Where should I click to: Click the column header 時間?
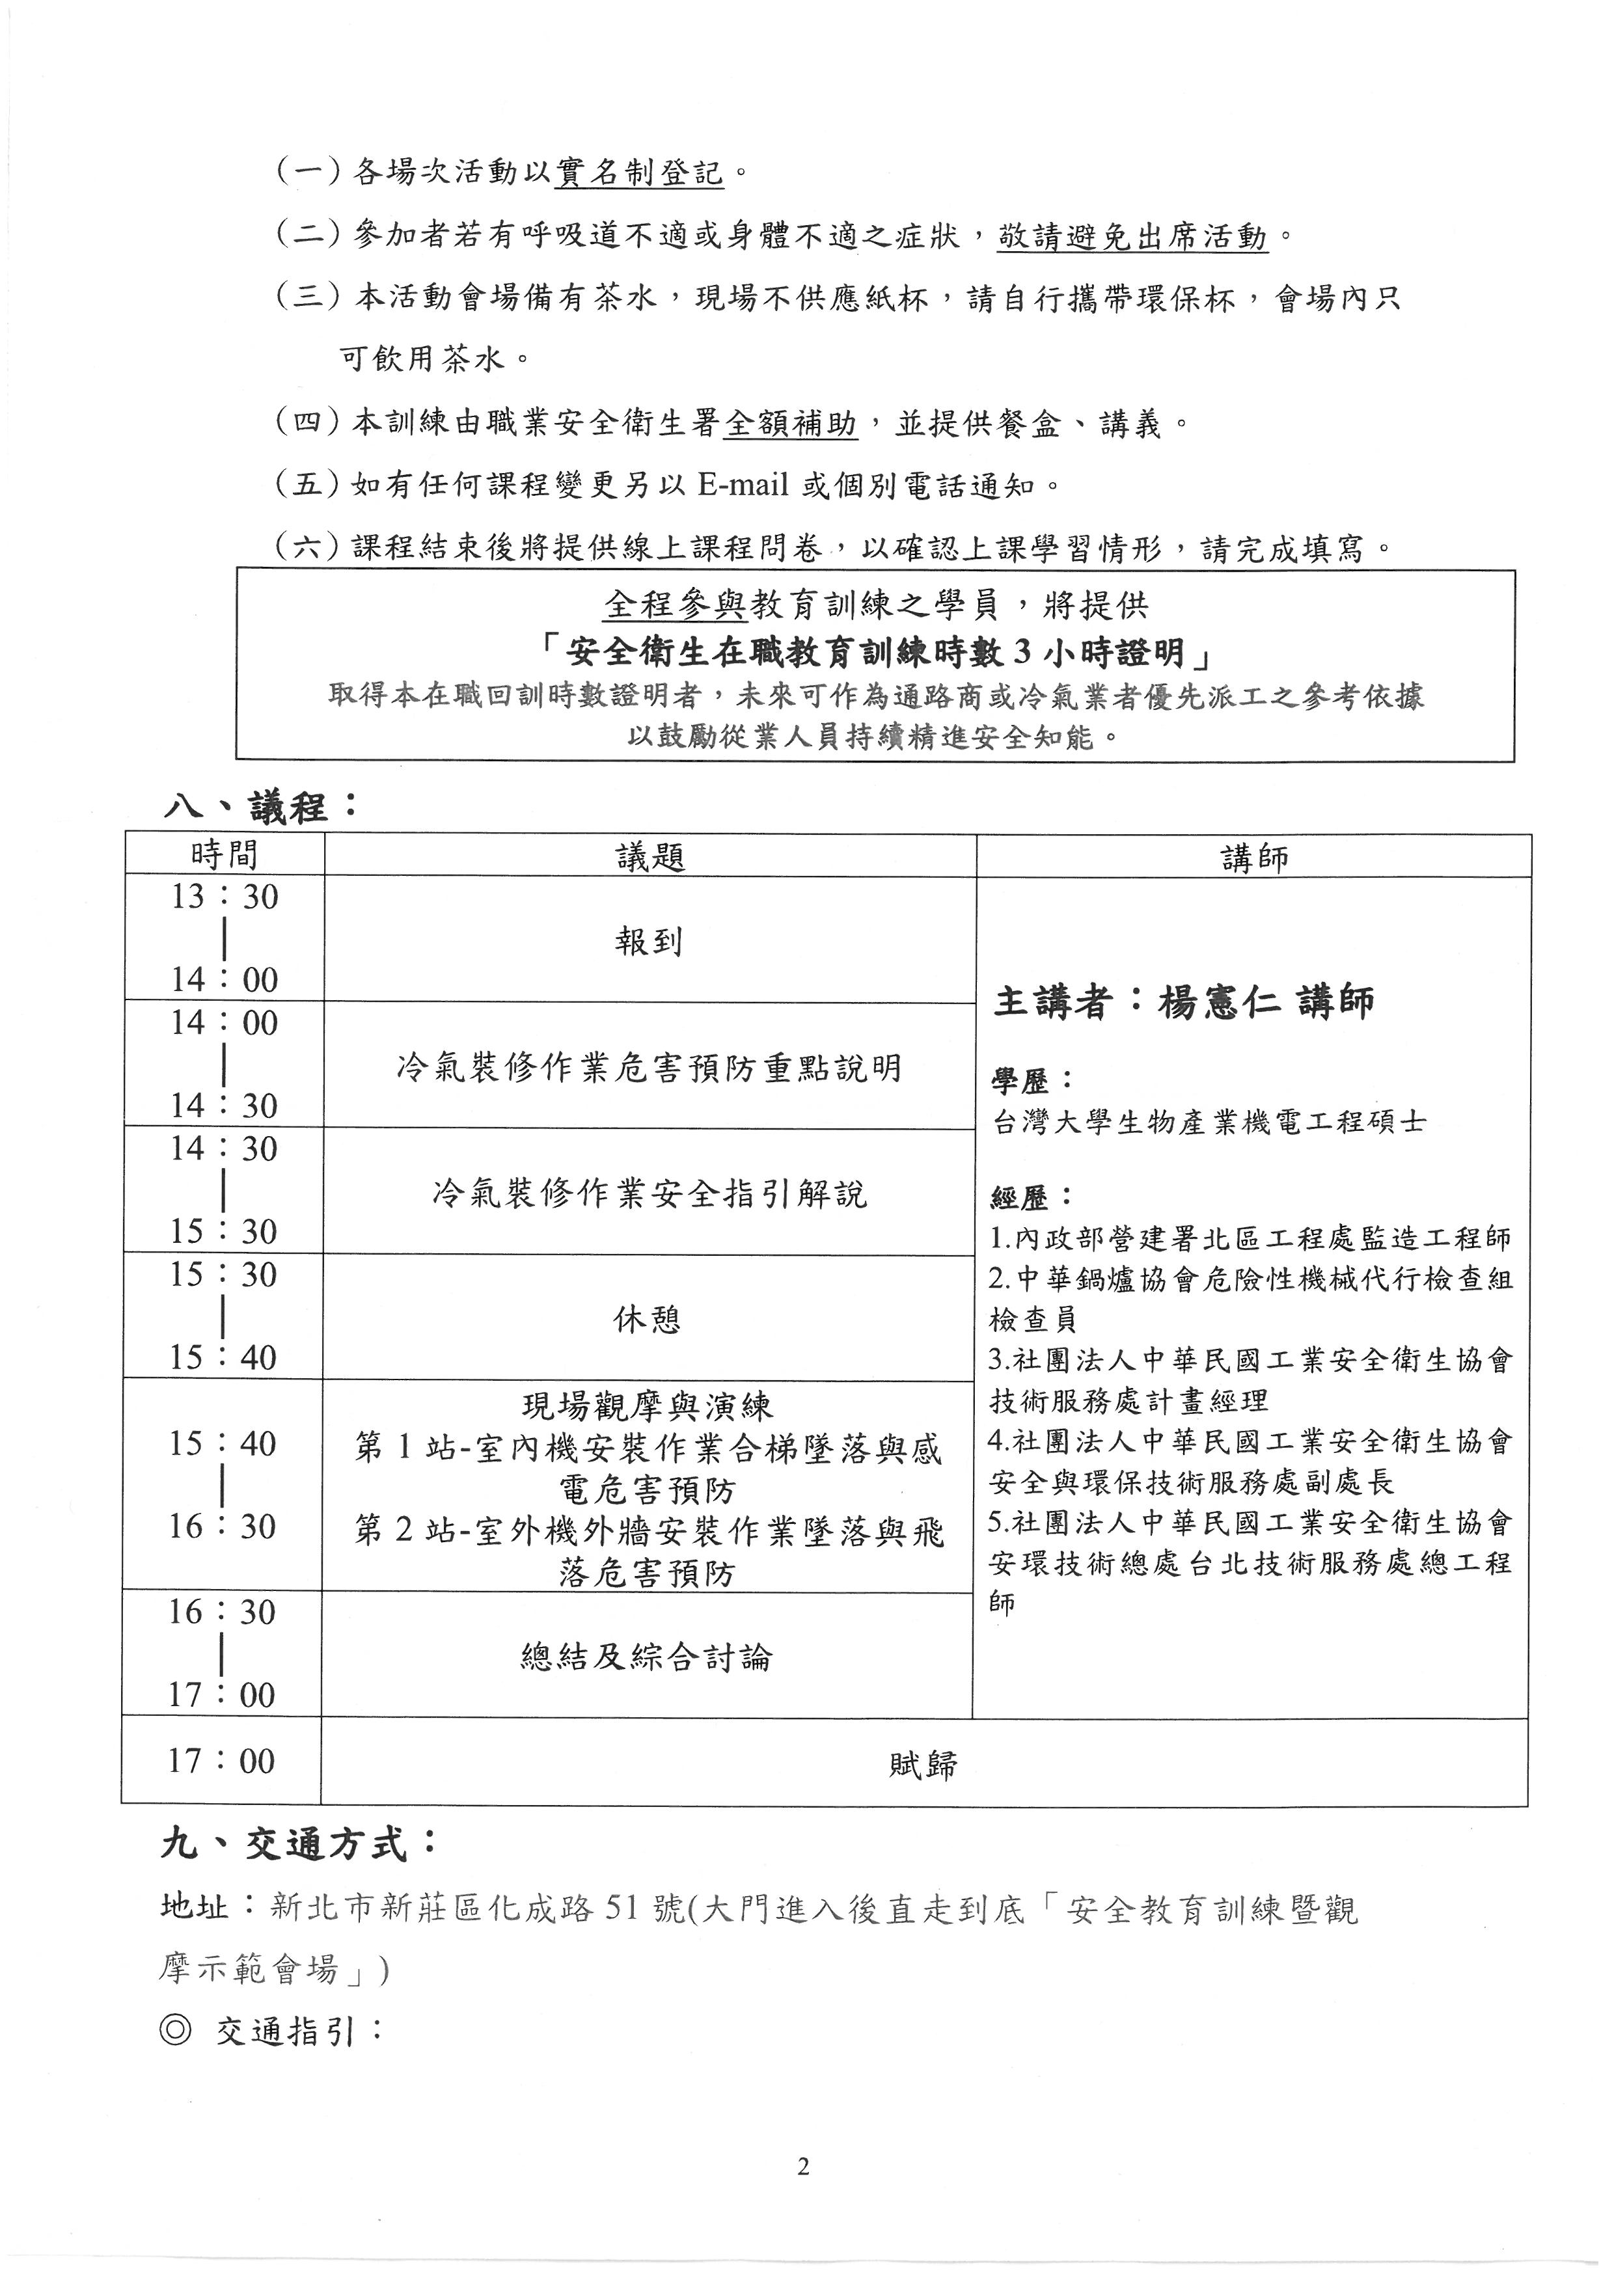(224, 855)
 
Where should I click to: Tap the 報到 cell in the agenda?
(648, 940)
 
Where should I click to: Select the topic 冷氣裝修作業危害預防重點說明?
(649, 1067)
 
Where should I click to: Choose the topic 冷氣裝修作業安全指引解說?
(649, 1193)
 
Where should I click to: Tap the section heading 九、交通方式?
(298, 1845)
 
